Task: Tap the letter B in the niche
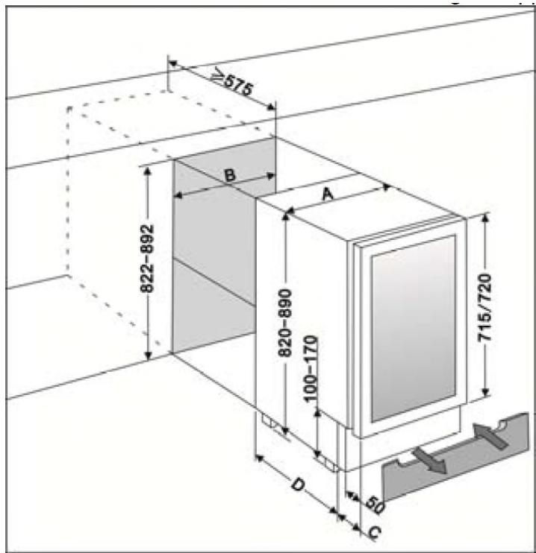(231, 175)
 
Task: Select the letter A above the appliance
(326, 194)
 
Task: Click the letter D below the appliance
(296, 486)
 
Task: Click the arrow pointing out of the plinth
(429, 459)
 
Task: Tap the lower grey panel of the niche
(213, 313)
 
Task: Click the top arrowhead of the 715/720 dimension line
(486, 218)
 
